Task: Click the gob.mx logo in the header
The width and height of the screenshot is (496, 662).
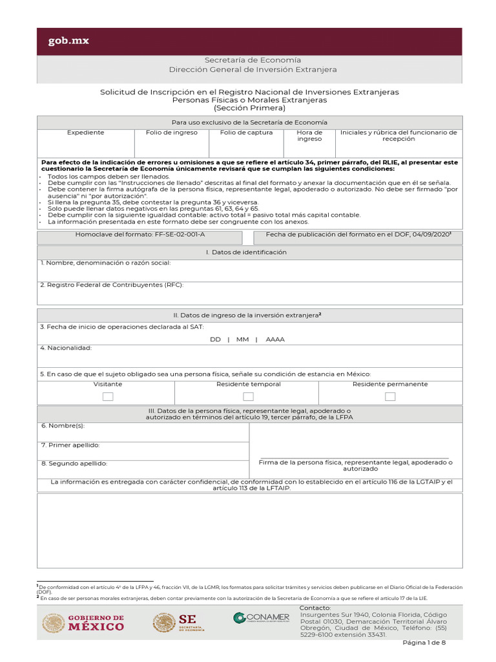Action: point(68,41)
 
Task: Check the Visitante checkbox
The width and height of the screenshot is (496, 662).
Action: point(108,396)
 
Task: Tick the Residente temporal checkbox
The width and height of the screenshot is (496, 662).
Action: point(248,396)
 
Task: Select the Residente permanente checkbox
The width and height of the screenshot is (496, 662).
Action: point(390,396)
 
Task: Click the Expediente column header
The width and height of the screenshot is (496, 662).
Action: point(86,133)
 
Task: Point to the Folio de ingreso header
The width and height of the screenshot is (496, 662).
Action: point(172,133)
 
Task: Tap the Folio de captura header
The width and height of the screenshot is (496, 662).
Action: point(246,133)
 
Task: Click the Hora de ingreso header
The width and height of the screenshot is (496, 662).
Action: point(309,136)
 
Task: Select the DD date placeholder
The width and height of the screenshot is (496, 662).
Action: point(216,339)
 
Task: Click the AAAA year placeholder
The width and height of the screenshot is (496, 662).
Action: point(275,339)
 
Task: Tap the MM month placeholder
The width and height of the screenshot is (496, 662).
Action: point(242,339)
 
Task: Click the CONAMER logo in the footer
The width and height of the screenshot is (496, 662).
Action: point(262,618)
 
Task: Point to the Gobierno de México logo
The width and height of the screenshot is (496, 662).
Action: point(83,623)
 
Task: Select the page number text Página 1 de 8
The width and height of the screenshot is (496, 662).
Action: point(424,643)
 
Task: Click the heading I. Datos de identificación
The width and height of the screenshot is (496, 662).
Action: point(249,252)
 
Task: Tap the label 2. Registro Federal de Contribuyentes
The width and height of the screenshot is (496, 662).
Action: point(112,284)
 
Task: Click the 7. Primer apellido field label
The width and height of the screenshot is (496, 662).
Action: point(70,445)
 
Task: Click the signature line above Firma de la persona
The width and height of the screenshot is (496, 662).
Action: point(354,458)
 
